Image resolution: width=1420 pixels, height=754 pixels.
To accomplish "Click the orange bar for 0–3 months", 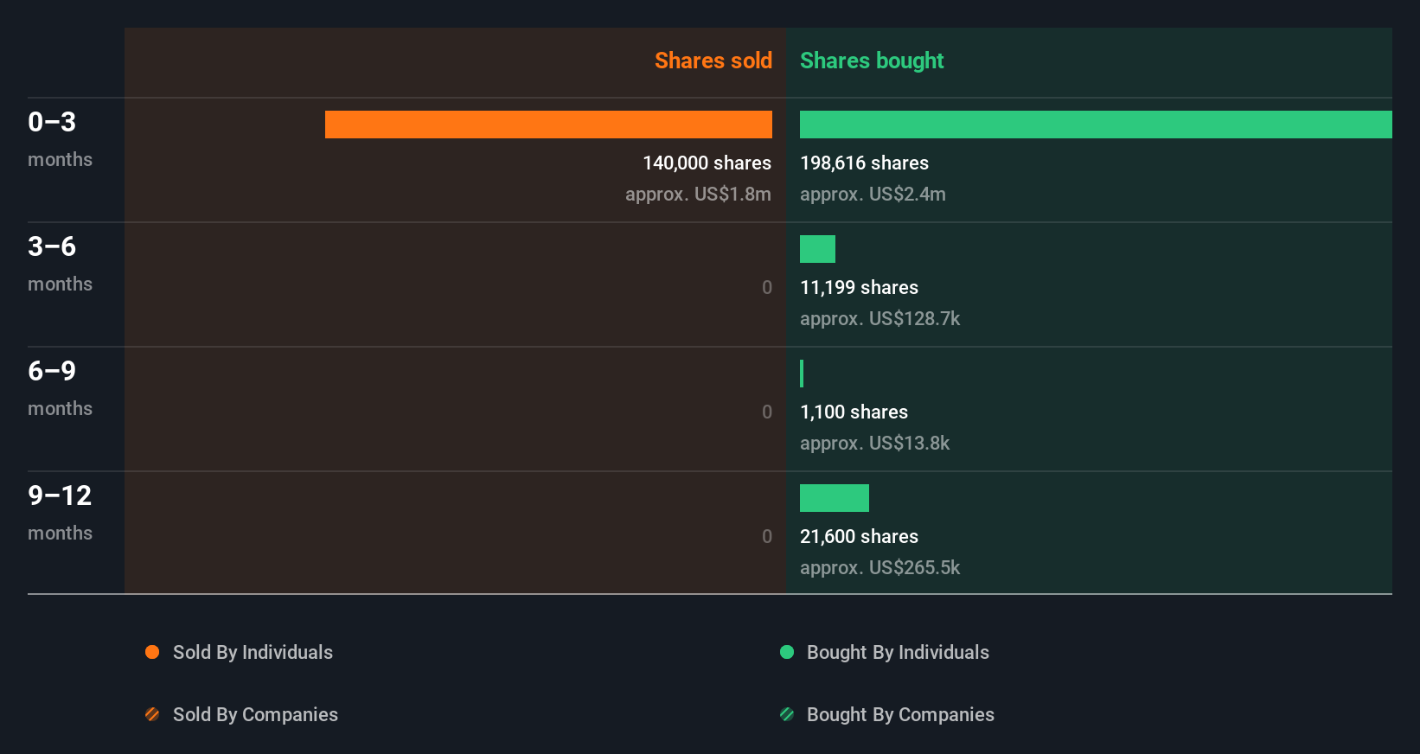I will (x=548, y=125).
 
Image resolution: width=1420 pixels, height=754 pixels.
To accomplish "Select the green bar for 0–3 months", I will (x=1096, y=125).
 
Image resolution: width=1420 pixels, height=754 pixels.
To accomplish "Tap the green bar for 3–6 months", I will (x=817, y=249).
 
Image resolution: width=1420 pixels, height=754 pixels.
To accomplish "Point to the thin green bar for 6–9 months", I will (x=802, y=374).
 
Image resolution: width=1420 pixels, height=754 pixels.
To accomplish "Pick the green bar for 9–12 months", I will (x=835, y=498).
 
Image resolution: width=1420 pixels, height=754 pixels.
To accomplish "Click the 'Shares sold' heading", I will (x=713, y=61).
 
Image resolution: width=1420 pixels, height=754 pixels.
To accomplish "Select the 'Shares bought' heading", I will (x=872, y=61).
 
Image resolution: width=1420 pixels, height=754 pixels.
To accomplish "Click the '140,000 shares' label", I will (x=707, y=163).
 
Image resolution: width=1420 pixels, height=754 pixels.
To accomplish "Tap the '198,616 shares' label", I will (x=864, y=163).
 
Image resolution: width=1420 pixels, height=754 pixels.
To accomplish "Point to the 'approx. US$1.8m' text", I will (x=698, y=194).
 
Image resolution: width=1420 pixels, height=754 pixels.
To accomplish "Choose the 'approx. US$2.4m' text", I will (x=873, y=194).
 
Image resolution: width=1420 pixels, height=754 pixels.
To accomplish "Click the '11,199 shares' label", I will (x=859, y=287).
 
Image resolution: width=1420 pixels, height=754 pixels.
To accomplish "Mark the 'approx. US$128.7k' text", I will (x=880, y=318).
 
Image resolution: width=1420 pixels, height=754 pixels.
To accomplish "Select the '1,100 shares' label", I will (x=854, y=412).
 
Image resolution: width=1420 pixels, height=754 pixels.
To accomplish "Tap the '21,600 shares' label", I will (x=859, y=536).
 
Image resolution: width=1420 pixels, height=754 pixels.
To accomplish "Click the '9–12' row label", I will (x=60, y=495).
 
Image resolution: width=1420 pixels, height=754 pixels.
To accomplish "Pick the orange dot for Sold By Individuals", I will (x=152, y=652).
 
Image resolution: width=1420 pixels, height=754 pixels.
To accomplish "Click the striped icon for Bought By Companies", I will (x=787, y=714).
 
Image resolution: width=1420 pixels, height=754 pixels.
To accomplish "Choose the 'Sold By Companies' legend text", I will (x=255, y=714).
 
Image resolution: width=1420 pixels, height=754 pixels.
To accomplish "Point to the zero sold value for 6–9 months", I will (x=767, y=412).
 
